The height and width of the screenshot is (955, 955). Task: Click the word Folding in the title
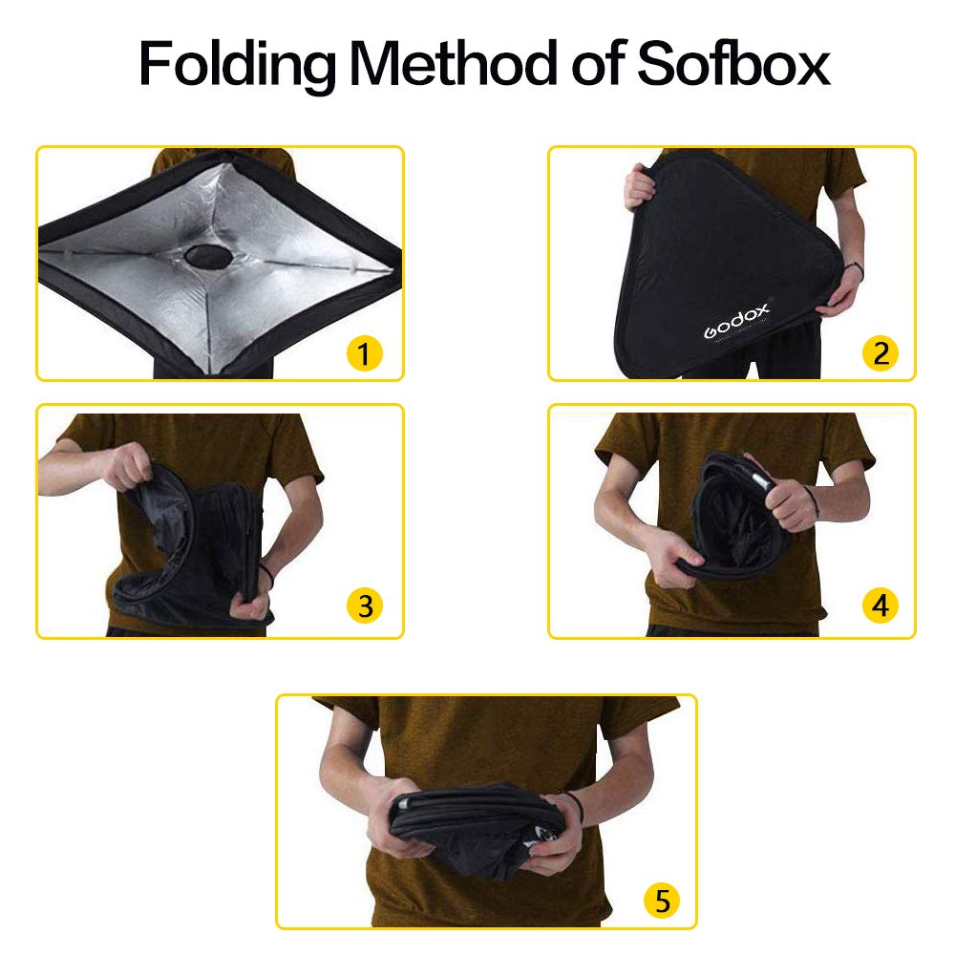(236, 66)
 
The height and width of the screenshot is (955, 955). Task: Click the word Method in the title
(453, 63)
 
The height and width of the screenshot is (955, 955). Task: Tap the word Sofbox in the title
(732, 63)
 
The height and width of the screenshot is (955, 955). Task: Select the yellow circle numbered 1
(364, 353)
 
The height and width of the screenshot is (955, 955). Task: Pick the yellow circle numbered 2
(881, 353)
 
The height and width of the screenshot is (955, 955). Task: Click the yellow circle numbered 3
(364, 605)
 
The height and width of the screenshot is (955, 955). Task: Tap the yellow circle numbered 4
(881, 605)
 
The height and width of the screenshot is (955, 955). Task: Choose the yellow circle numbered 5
(663, 901)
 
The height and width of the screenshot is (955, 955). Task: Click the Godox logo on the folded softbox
(736, 321)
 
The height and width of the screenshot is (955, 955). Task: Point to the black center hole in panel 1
(206, 255)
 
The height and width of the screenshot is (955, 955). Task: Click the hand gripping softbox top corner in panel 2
(641, 186)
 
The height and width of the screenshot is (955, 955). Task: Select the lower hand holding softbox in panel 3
(251, 602)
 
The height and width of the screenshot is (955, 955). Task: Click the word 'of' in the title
(596, 63)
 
